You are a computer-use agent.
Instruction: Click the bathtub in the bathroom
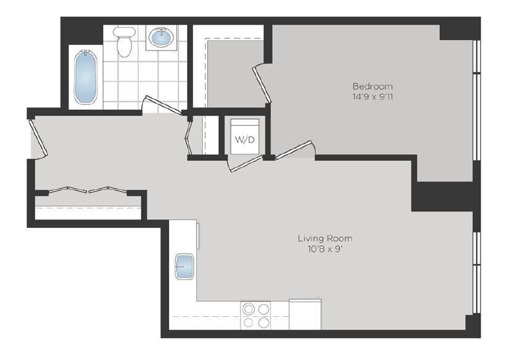pyautogui.click(x=85, y=77)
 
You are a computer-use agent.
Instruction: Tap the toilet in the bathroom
pyautogui.click(x=125, y=41)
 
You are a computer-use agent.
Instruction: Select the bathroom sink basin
pyautogui.click(x=162, y=38)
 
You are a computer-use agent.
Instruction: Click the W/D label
pyautogui.click(x=244, y=139)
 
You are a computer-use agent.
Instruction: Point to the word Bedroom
pyautogui.click(x=372, y=86)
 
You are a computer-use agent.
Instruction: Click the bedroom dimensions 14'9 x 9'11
pyautogui.click(x=372, y=97)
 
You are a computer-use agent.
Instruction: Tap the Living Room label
pyautogui.click(x=325, y=239)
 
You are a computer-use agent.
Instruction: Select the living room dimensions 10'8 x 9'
pyautogui.click(x=325, y=249)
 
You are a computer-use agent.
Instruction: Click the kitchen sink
pyautogui.click(x=184, y=266)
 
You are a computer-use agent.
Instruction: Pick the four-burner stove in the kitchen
pyautogui.click(x=256, y=314)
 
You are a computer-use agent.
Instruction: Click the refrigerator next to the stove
pyautogui.click(x=305, y=314)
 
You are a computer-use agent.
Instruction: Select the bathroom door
pyautogui.click(x=162, y=105)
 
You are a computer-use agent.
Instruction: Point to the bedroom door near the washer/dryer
pyautogui.click(x=295, y=150)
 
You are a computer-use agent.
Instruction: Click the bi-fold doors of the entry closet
pyautogui.click(x=88, y=190)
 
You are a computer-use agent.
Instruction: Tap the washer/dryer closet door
pyautogui.click(x=246, y=163)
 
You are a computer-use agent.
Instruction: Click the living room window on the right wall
pyautogui.click(x=476, y=271)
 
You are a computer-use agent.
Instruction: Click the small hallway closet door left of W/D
pyautogui.click(x=189, y=137)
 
